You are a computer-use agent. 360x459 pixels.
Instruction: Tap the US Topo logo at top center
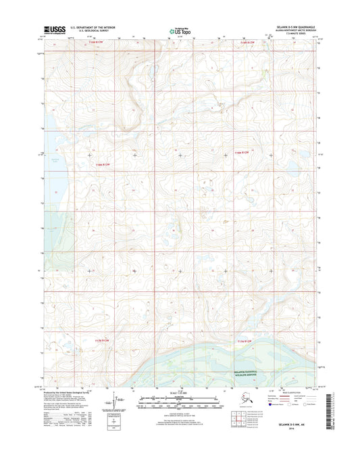pos(179,30)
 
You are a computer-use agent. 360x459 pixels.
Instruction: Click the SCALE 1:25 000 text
pos(180,392)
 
